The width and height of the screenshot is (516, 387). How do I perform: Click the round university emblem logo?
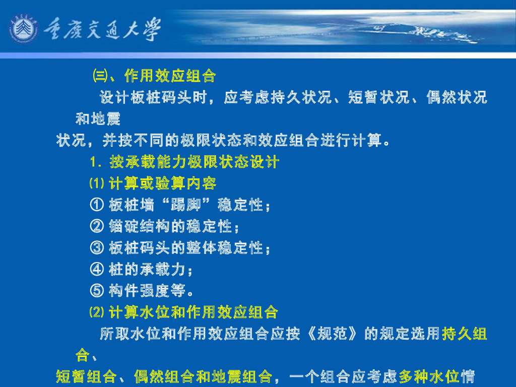click(23, 29)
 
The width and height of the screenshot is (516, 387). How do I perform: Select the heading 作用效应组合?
click(170, 76)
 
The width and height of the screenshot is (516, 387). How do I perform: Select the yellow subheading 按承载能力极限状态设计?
click(194, 162)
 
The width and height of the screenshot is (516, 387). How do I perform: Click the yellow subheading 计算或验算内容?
click(163, 183)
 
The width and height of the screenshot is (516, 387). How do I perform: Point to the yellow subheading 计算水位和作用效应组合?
click(193, 312)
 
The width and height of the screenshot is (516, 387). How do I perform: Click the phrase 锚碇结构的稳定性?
click(171, 227)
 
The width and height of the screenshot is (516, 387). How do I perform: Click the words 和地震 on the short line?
click(98, 119)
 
